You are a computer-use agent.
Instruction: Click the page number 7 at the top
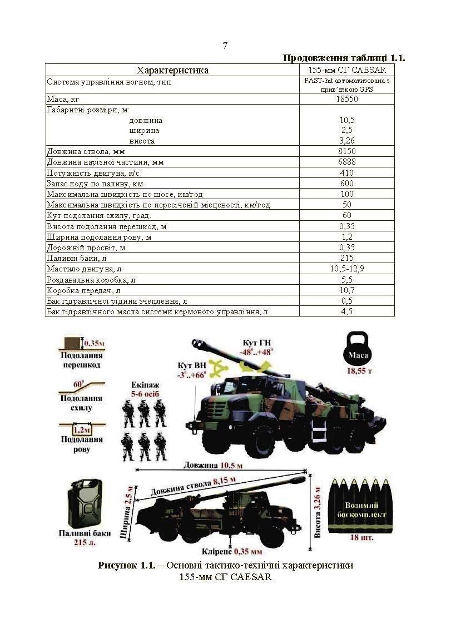point(225,46)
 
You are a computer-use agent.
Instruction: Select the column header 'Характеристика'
point(172,70)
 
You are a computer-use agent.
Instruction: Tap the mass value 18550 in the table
point(347,99)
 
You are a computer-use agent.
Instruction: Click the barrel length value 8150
point(347,151)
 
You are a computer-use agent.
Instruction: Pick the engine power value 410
point(347,173)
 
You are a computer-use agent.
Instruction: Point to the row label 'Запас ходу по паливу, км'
point(95,184)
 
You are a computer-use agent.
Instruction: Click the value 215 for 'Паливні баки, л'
point(347,258)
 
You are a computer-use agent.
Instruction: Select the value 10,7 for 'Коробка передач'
point(347,290)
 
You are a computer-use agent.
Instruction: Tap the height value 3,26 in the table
point(347,141)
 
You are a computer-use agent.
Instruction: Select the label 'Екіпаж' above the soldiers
point(144,384)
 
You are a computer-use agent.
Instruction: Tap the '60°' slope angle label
point(78,384)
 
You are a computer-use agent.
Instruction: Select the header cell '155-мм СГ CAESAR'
point(347,70)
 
